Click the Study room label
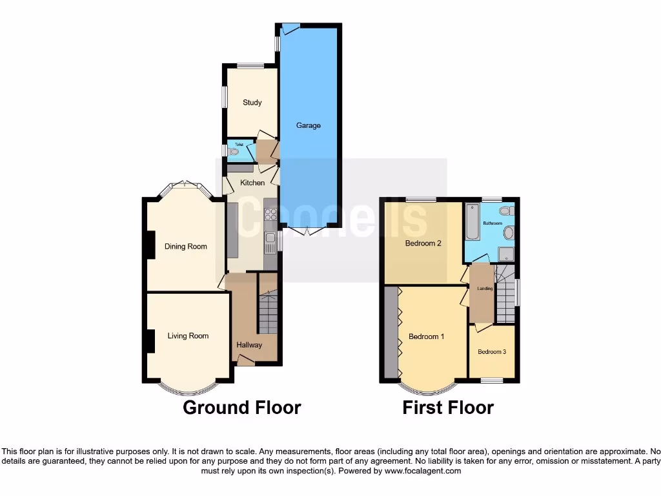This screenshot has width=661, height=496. (x=252, y=103)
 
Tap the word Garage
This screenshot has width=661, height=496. (x=308, y=125)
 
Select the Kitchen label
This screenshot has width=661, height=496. (x=252, y=183)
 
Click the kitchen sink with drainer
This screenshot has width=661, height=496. (x=270, y=242)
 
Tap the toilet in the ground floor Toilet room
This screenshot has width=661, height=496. (x=234, y=152)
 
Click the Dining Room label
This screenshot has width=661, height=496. (x=186, y=246)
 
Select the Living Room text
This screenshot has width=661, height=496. (x=188, y=336)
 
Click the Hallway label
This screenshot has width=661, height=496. (x=249, y=345)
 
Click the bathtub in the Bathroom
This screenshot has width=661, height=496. (x=472, y=223)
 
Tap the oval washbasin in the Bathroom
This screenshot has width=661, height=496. (x=509, y=232)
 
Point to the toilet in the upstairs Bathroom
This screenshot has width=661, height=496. (x=505, y=211)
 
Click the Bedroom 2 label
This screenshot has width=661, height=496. (x=423, y=243)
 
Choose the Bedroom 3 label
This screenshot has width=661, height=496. (x=492, y=352)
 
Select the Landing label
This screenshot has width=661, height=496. (x=485, y=289)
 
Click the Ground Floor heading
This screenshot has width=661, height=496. (x=242, y=408)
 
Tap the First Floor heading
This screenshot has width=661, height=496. (x=448, y=408)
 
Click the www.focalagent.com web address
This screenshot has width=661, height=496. (x=423, y=471)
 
